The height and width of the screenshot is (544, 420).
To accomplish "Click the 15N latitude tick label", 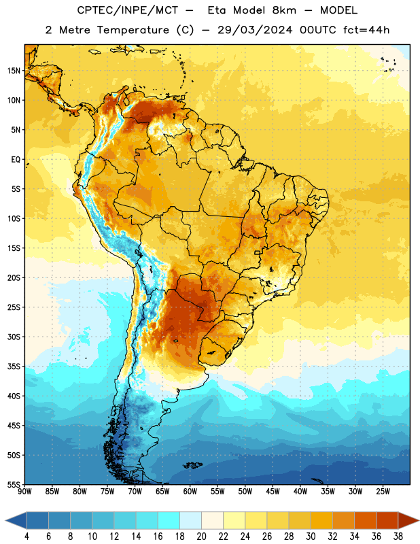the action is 14,71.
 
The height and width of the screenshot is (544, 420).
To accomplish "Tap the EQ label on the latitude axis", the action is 16,160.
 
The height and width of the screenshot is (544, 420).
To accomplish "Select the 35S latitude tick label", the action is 14,367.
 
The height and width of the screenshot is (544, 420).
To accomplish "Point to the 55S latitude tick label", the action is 14,484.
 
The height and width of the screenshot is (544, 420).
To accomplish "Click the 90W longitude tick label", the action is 24,492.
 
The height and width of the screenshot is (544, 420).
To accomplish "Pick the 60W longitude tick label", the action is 190,492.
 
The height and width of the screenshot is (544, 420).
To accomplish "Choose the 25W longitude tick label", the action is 383,492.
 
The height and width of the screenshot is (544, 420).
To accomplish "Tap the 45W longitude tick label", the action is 273,492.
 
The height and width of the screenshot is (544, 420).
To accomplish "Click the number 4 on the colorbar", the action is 27,537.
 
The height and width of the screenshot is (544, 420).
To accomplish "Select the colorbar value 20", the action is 201,537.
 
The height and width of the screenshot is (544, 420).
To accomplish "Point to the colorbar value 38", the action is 398,537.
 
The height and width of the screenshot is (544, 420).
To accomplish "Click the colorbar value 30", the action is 311,537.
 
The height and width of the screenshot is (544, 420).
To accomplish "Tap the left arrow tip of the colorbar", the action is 5,520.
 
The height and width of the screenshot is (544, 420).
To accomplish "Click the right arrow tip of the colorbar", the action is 419,520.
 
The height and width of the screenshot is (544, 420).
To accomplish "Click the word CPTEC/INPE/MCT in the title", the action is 128,10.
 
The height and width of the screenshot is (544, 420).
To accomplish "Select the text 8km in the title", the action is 284,10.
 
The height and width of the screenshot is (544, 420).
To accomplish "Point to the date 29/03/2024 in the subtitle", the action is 255,30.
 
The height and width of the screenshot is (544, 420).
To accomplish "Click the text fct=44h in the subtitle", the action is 366,30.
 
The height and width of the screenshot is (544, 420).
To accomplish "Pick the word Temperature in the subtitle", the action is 133,30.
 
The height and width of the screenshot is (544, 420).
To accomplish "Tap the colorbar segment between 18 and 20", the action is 190,520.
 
